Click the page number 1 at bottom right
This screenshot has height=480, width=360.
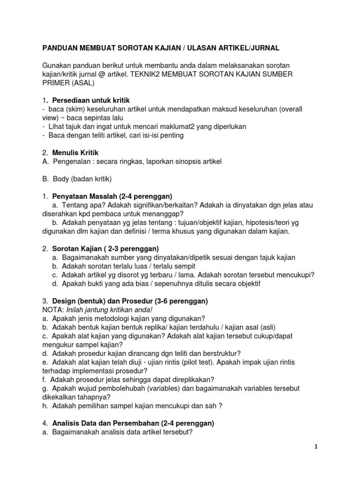[316, 447]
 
